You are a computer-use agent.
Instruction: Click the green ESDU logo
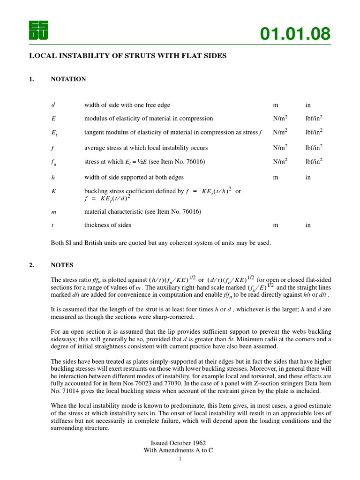tap(38, 31)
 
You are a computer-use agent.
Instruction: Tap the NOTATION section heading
tap(68, 79)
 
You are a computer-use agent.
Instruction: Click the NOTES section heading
tap(62, 265)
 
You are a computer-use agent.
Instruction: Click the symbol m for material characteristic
tap(53, 212)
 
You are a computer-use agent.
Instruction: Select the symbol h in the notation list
tap(53, 178)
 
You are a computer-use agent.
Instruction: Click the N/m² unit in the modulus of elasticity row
tap(280, 119)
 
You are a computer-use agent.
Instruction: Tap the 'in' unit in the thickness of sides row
tap(308, 225)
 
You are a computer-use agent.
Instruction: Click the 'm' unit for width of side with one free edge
tap(275, 105)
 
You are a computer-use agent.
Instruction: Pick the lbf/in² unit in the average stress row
tap(314, 148)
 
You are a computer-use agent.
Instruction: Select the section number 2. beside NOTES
tap(31, 265)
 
